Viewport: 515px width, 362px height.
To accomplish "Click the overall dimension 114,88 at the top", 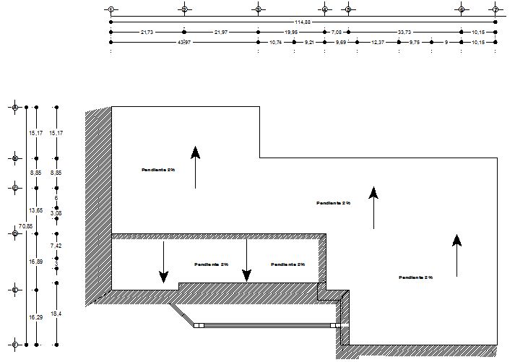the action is point(303,22).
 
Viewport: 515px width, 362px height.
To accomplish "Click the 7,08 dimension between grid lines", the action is point(337,33).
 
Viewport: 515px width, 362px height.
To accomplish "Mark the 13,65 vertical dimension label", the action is point(35,210).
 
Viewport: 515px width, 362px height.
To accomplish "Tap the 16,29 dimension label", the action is point(35,317).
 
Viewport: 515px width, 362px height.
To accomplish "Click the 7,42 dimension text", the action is point(56,246).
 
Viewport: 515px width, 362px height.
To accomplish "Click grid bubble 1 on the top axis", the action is point(110,9).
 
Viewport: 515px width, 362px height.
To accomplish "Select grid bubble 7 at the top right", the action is point(495,9).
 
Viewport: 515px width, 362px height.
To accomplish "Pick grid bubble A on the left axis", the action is point(14,107).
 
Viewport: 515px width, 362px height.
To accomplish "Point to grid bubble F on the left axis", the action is point(14,345).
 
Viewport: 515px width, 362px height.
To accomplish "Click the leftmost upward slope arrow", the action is point(195,166).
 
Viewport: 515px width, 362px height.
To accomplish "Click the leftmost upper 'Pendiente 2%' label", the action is point(159,170).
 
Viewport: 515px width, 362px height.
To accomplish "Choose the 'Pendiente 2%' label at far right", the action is point(415,277).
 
